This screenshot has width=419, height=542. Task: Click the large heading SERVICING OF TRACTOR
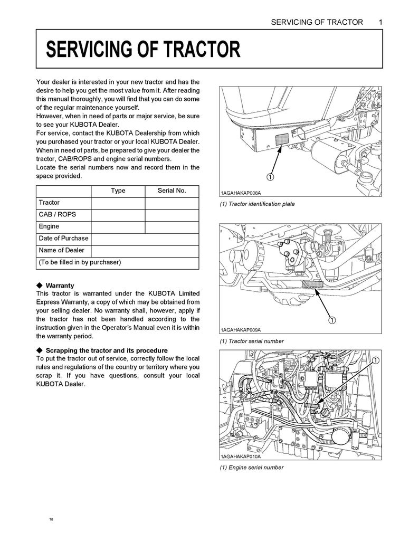[x=143, y=50]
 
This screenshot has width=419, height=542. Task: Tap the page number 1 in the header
[x=380, y=22]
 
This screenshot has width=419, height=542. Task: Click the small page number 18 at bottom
[x=51, y=519]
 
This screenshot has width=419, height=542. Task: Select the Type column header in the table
[x=118, y=191]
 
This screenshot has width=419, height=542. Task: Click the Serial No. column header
[x=172, y=191]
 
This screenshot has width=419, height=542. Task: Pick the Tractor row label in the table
[x=49, y=203]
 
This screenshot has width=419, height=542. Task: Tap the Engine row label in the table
[x=49, y=226]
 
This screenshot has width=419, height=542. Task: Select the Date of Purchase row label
[x=63, y=238]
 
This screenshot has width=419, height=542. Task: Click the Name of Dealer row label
[x=61, y=250]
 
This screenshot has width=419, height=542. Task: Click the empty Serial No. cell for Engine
[x=172, y=227]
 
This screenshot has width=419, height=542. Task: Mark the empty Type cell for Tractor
[x=118, y=203]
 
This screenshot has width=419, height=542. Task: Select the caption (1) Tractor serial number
[x=252, y=341]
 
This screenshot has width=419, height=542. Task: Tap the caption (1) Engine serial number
[x=251, y=467]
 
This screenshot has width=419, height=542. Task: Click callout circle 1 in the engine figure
[x=376, y=360]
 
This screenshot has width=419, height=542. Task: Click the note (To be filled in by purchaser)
[x=80, y=262]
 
